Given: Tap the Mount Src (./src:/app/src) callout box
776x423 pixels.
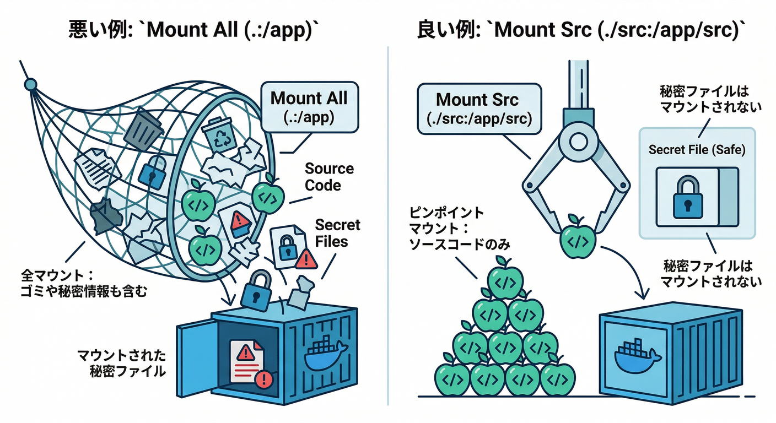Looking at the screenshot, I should tap(477, 109).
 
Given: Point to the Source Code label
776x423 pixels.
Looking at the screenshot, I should tap(330, 177).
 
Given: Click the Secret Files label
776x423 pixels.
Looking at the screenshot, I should tap(337, 232).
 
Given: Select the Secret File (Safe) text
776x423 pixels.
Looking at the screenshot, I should tap(697, 150).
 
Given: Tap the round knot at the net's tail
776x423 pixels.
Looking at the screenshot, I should tap(30, 84).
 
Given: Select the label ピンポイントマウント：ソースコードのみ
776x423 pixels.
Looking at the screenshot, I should tap(447, 228).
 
